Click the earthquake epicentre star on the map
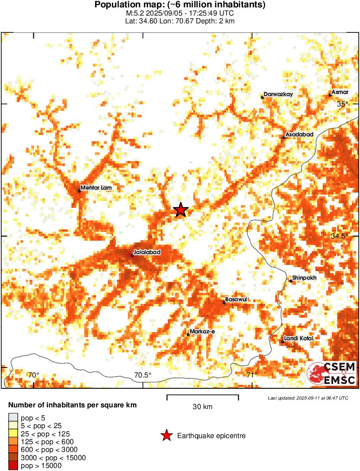181,210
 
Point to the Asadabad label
299,135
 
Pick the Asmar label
340,92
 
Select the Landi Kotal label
298,338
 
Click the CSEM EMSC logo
331,374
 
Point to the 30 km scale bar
202,396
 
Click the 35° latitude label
342,104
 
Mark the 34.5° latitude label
339,236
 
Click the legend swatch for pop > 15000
13,465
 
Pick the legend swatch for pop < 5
13,418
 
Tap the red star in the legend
166,436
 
